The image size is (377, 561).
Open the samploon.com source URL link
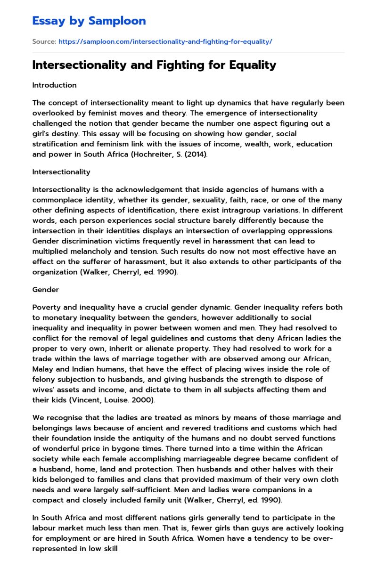click(x=165, y=41)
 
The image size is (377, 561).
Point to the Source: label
click(x=44, y=41)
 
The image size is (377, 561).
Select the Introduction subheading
click(x=54, y=85)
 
